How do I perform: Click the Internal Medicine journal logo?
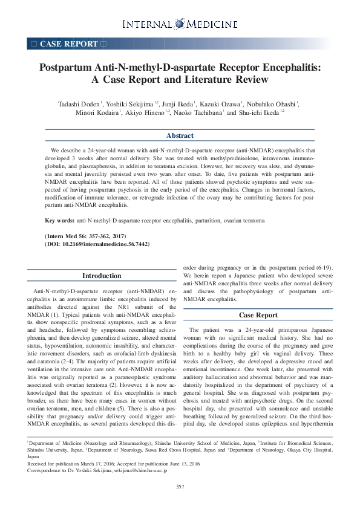[x=180, y=24]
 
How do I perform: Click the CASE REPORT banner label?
[x=68, y=44]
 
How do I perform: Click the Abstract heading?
[x=180, y=136]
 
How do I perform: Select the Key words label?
[x=60, y=221]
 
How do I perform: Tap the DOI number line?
[x=97, y=244]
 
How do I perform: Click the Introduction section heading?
[x=102, y=276]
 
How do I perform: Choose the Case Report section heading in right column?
[x=258, y=315]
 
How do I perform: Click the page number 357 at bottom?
[x=180, y=487]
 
